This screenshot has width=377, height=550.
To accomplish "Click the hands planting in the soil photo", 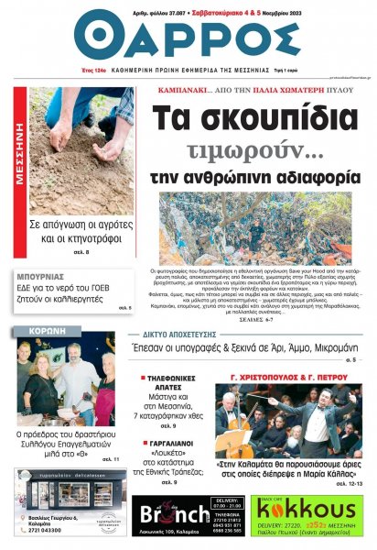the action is click(x=78, y=147).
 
